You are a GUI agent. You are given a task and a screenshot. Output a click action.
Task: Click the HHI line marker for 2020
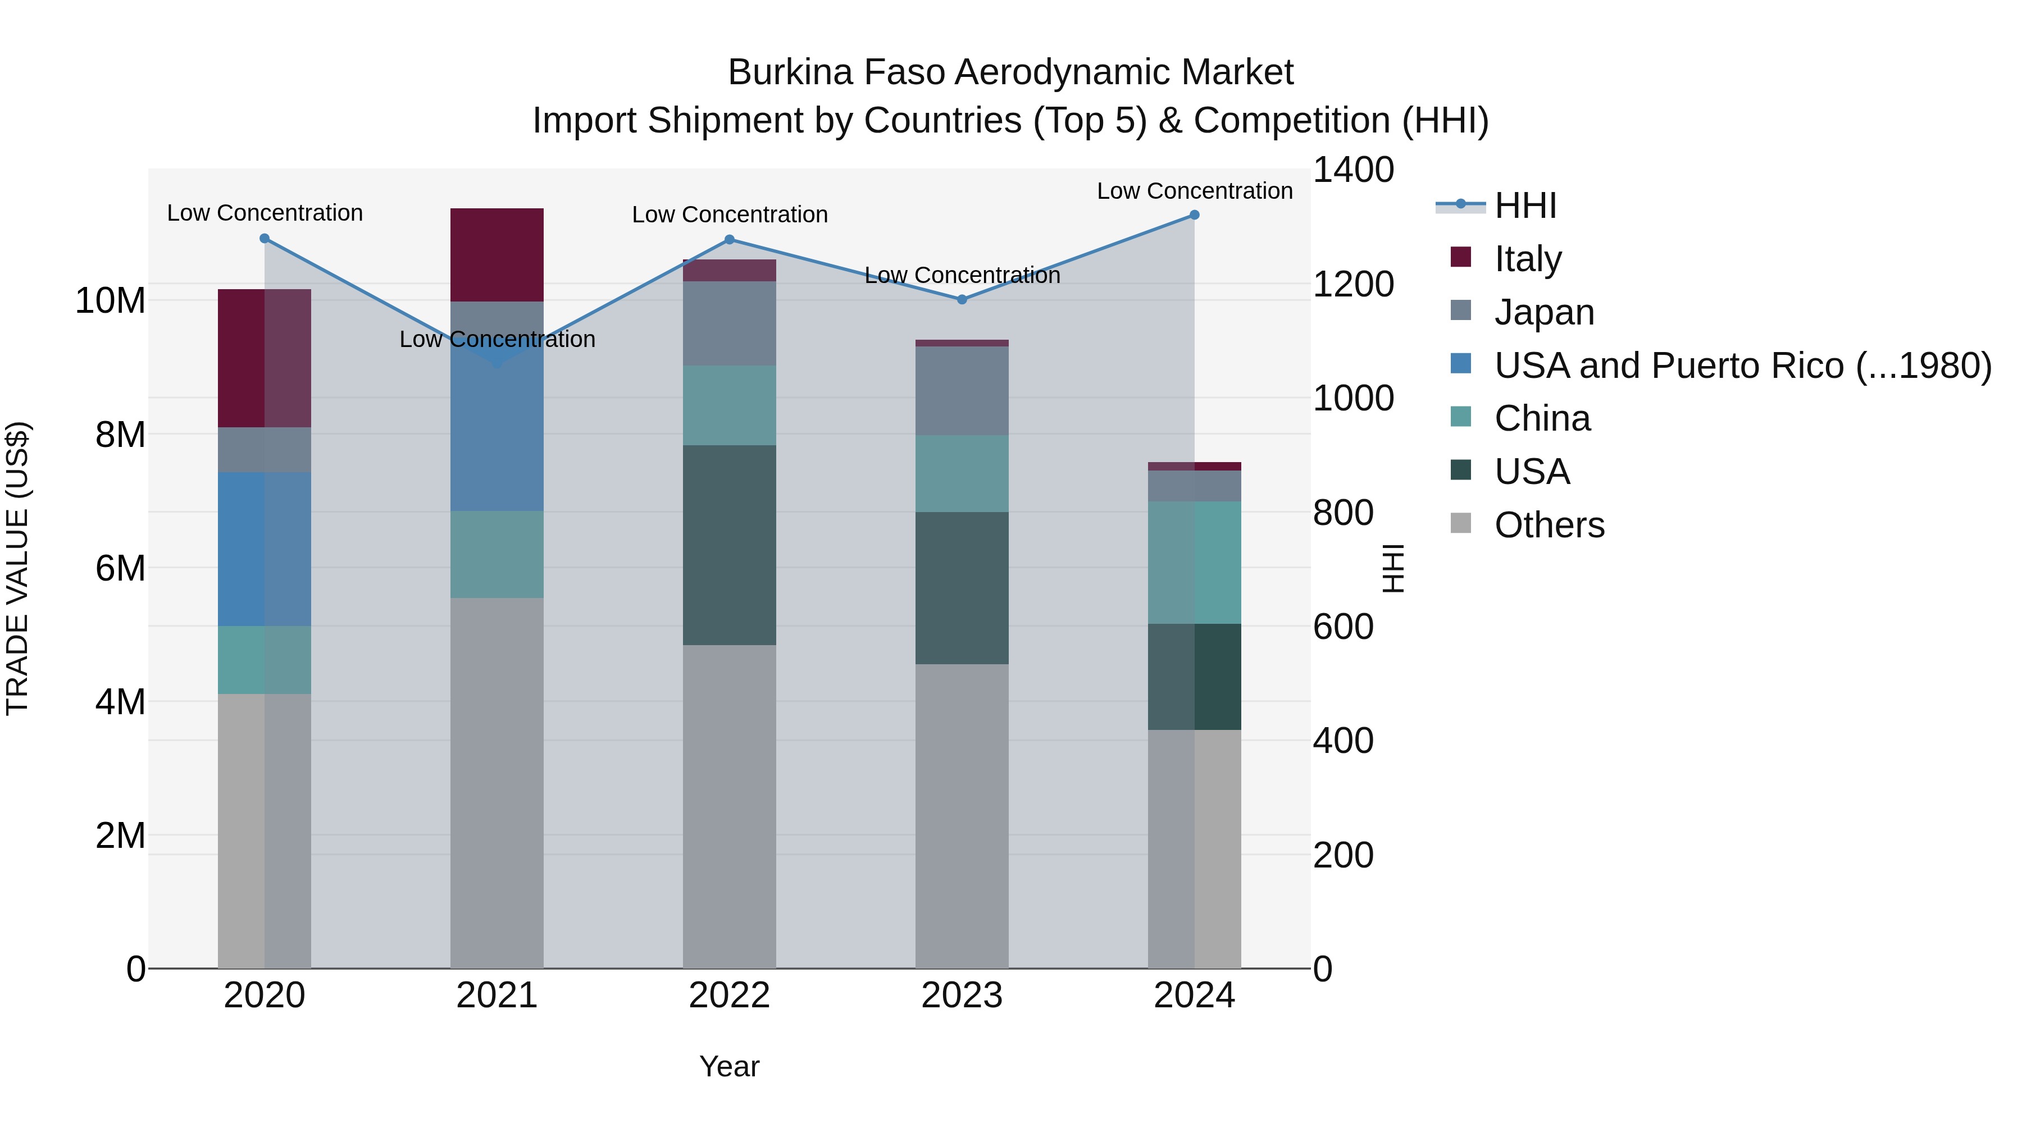(265, 239)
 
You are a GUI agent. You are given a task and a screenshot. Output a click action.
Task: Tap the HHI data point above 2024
(1194, 215)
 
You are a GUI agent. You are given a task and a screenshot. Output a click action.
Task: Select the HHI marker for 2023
(962, 299)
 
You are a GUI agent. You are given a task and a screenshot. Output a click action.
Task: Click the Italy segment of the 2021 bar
(497, 255)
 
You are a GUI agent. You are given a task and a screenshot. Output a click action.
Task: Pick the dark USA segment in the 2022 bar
(729, 545)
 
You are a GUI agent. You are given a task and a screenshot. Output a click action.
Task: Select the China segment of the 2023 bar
(962, 474)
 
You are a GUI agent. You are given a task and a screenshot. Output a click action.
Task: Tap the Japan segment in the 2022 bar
(729, 323)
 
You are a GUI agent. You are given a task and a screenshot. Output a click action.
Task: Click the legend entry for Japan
(1543, 312)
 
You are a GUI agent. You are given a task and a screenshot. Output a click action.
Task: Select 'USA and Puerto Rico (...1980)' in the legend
(1742, 365)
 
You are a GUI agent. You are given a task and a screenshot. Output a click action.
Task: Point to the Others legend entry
(1549, 525)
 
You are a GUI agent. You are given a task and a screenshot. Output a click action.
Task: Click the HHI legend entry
(1524, 206)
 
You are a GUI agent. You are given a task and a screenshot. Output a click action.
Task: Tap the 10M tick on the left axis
(110, 300)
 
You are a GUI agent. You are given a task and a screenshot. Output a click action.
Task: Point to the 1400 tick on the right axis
(1352, 170)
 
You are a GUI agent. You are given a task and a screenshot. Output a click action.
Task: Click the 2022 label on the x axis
(729, 996)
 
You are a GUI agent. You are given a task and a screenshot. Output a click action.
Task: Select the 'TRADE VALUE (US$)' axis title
(17, 568)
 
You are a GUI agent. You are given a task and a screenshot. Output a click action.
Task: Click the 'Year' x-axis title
(729, 1066)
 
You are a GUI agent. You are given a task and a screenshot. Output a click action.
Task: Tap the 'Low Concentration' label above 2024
(1194, 191)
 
